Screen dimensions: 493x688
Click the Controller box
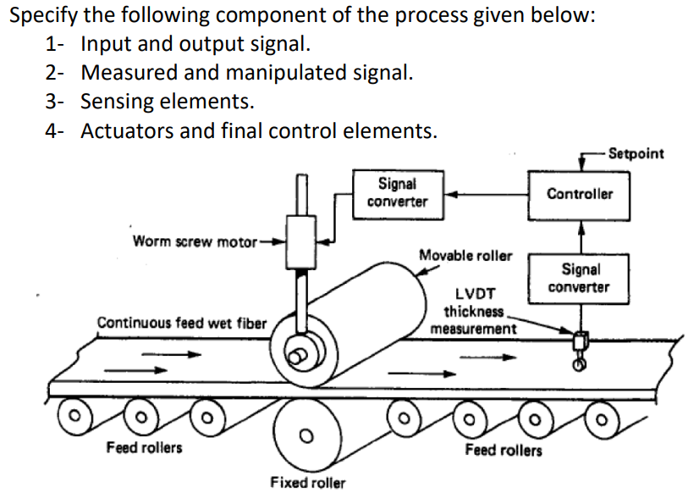pyautogui.click(x=580, y=194)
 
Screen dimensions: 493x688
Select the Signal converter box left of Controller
pyautogui.click(x=397, y=193)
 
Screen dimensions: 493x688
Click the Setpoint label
pyautogui.click(x=636, y=153)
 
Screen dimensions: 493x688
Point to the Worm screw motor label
pyautogui.click(x=194, y=241)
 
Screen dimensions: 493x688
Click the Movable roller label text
pyautogui.click(x=465, y=255)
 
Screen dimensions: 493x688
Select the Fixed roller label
pyautogui.click(x=307, y=482)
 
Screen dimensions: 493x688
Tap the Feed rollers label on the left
pyautogui.click(x=144, y=446)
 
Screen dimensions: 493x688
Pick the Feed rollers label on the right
pyautogui.click(x=504, y=450)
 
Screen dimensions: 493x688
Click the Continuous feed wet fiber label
pyautogui.click(x=182, y=323)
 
